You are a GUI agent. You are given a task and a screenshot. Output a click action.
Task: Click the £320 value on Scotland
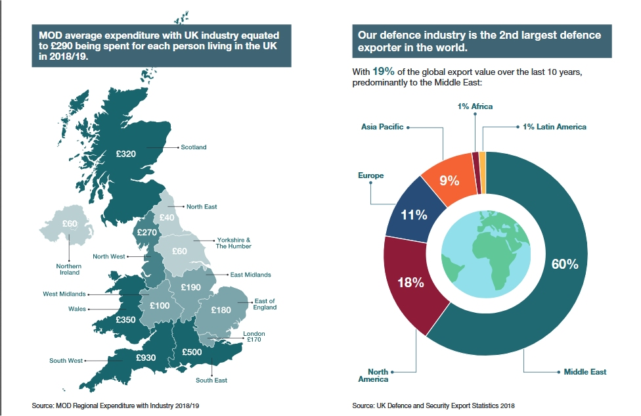(x=125, y=154)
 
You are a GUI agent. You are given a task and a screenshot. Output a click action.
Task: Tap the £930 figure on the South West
(x=146, y=358)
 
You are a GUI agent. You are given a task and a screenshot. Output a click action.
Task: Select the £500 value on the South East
(x=192, y=352)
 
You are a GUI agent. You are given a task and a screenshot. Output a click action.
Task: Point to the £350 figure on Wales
(x=125, y=319)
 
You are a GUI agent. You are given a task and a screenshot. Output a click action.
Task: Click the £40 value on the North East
(x=167, y=218)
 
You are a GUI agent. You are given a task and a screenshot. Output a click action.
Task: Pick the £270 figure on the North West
(x=146, y=232)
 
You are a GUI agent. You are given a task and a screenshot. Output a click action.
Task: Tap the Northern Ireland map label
(x=68, y=269)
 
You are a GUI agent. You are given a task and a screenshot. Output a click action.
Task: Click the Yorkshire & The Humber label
(x=233, y=243)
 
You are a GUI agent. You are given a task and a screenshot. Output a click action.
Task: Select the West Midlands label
(x=64, y=294)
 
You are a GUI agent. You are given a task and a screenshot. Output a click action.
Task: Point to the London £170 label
(x=254, y=337)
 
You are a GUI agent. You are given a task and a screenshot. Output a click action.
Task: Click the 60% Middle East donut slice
(x=564, y=264)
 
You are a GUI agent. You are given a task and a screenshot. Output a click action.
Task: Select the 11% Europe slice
(x=415, y=215)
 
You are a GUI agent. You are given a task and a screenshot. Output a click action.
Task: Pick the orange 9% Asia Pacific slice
(x=449, y=179)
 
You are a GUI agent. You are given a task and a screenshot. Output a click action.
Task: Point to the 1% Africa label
(x=475, y=106)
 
